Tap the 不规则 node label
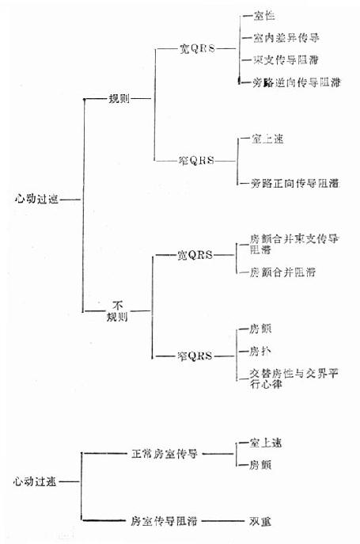click(x=117, y=310)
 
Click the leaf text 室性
click(x=263, y=16)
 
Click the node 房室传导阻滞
click(x=164, y=522)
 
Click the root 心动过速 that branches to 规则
click(x=36, y=200)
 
